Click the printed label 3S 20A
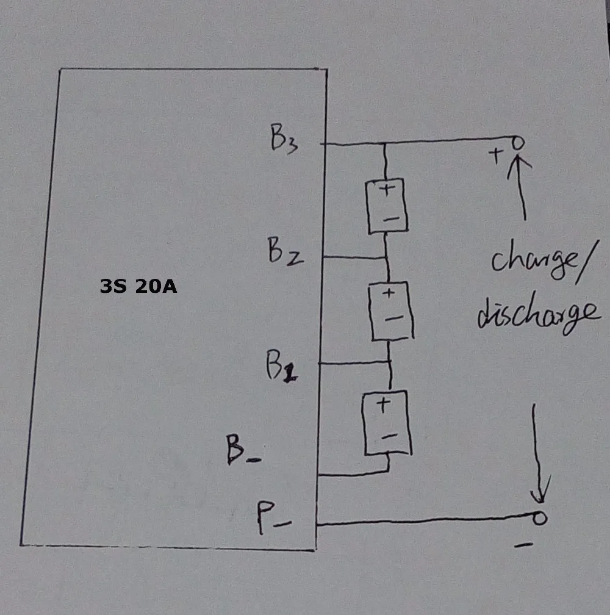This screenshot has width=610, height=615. pyautogui.click(x=138, y=286)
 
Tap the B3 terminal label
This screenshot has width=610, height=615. pyautogui.click(x=283, y=140)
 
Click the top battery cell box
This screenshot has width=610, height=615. pyautogui.click(x=387, y=206)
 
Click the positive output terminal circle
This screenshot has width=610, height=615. pyautogui.click(x=517, y=143)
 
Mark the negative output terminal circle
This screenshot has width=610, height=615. pyautogui.click(x=539, y=519)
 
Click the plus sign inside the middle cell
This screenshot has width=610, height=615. pyautogui.click(x=389, y=293)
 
